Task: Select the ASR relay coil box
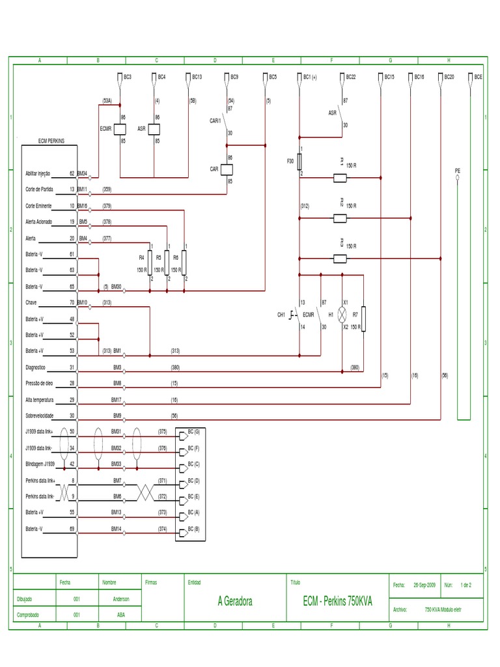[x=154, y=129]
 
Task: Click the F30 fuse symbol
[x=299, y=162]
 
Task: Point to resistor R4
[x=150, y=263]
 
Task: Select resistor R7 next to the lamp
[x=363, y=318]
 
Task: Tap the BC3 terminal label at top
[x=128, y=77]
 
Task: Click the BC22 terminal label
[x=350, y=77]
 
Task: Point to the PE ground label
[x=457, y=170]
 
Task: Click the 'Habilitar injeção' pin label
[x=38, y=174]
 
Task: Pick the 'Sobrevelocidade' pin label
[x=40, y=416]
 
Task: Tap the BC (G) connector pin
[x=193, y=432]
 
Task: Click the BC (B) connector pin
[x=193, y=529]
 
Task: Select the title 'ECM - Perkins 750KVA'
[x=337, y=601]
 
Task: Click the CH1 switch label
[x=281, y=315]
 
